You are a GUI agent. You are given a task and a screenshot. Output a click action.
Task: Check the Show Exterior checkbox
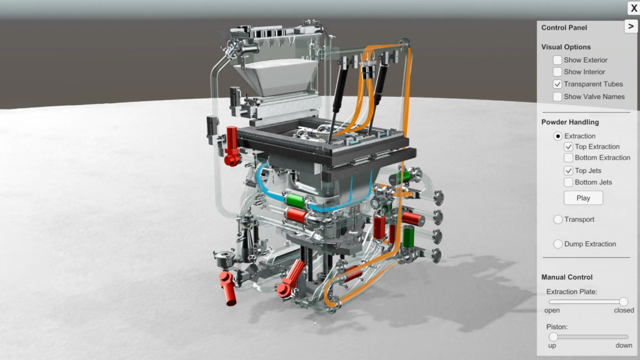[557, 60]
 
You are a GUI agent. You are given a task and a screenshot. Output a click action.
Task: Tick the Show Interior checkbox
[557, 72]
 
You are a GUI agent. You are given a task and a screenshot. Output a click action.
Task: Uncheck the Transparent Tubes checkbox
[557, 84]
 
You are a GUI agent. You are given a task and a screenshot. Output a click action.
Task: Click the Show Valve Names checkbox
[557, 97]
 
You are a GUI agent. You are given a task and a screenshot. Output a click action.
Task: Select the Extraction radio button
[557, 136]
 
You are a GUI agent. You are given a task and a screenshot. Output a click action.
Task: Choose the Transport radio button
[557, 219]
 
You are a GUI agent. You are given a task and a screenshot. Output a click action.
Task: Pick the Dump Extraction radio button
[557, 244]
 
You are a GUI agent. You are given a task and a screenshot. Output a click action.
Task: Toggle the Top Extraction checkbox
[568, 147]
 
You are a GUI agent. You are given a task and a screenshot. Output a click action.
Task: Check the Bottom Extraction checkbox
[568, 158]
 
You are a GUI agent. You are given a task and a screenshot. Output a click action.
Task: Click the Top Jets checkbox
[568, 170]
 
